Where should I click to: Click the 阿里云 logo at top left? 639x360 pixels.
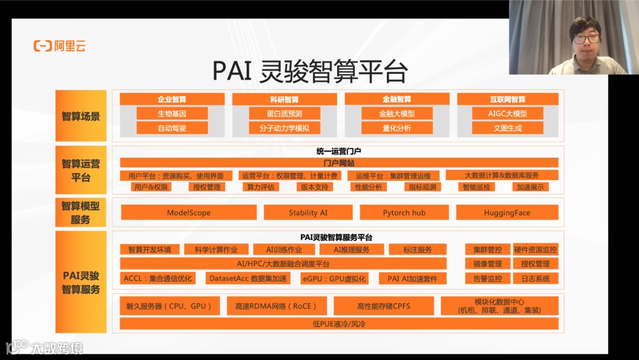59,46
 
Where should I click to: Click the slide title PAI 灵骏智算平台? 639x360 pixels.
310,71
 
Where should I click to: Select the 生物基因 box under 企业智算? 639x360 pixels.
172,114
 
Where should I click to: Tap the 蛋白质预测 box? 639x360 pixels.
284,114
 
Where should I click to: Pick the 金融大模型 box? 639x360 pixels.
396,114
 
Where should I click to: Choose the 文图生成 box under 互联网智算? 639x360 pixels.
508,127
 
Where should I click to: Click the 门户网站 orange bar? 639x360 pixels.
339,163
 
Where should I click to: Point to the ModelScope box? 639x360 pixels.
189,213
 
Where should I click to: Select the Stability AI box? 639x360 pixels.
308,213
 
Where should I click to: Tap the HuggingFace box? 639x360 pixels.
507,213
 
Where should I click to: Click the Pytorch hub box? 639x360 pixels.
404,213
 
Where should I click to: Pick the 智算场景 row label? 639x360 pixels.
81,116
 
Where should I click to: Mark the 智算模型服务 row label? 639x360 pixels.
81,213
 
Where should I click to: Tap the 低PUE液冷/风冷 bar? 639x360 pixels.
339,324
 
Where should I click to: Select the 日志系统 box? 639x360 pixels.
535,278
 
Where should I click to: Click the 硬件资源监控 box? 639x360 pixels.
535,250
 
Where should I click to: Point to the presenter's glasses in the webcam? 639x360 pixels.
586,39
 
